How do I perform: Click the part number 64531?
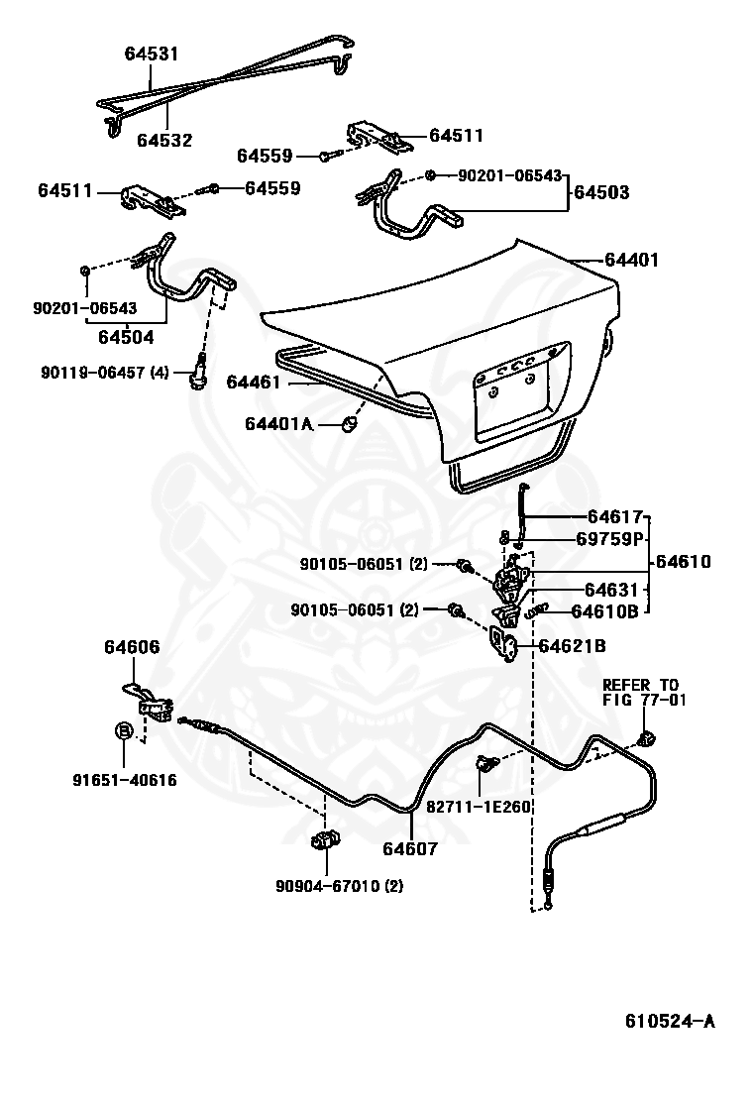152,54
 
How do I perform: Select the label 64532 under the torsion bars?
164,141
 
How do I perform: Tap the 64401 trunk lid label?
632,261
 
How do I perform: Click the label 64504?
126,337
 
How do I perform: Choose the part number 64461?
254,382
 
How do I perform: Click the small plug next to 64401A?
349,423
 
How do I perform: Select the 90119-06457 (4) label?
105,373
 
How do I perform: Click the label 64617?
615,516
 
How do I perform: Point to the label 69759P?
610,539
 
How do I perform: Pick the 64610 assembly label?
682,562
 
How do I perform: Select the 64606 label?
132,647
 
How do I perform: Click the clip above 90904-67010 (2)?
324,841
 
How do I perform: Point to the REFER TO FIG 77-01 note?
641,692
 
